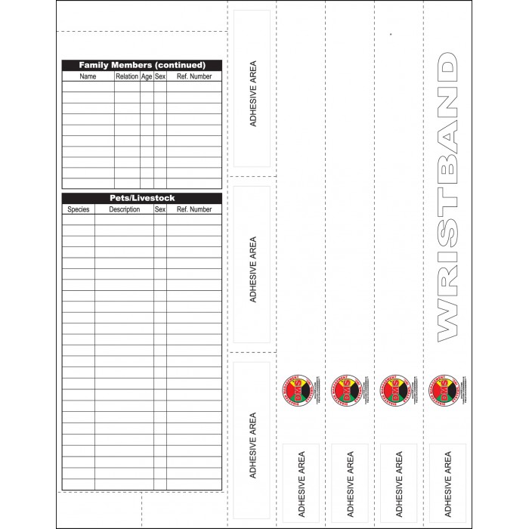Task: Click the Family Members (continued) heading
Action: click(x=142, y=66)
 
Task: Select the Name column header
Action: click(x=88, y=76)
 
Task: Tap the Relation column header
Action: click(x=127, y=76)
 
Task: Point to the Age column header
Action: click(x=147, y=76)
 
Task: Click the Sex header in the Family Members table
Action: click(x=160, y=76)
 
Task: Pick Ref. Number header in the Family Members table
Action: click(x=194, y=76)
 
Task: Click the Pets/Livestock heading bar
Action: click(x=142, y=198)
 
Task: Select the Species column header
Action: click(x=78, y=209)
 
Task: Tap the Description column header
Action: click(x=124, y=209)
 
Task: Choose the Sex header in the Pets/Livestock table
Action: click(x=160, y=209)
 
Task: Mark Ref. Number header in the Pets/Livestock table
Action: click(x=194, y=209)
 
